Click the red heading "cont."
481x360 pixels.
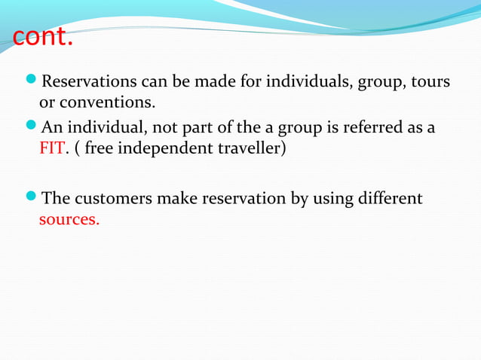[x=42, y=35]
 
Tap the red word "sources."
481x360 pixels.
[x=69, y=221]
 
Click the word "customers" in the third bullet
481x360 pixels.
[x=112, y=200]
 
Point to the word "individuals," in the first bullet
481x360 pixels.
[x=313, y=81]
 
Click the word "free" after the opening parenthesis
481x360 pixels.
[x=100, y=147]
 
